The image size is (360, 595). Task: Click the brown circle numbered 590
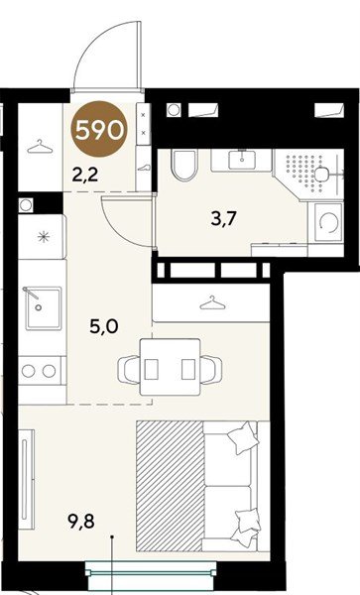pyautogui.click(x=99, y=129)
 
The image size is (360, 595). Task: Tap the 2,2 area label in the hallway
pyautogui.click(x=85, y=175)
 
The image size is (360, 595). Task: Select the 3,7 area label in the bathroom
pyautogui.click(x=224, y=219)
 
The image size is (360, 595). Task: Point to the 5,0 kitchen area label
pyautogui.click(x=104, y=326)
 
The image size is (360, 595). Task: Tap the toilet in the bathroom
pyautogui.click(x=184, y=165)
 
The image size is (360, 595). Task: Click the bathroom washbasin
pyautogui.click(x=242, y=160)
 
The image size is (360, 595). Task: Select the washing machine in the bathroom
pyautogui.click(x=328, y=221)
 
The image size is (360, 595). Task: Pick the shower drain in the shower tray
pyautogui.click(x=322, y=175)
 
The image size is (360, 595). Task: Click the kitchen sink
pyautogui.click(x=44, y=308)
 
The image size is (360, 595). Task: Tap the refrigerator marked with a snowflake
pyautogui.click(x=42, y=237)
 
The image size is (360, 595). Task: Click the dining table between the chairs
pyautogui.click(x=170, y=367)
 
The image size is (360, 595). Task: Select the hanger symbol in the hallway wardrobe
pyautogui.click(x=41, y=147)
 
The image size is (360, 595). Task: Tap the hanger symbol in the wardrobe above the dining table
pyautogui.click(x=212, y=302)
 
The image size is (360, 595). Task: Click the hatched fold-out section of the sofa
pyautogui.click(x=170, y=486)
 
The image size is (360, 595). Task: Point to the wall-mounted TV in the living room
pyautogui.click(x=27, y=479)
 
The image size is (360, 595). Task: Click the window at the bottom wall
pyautogui.click(x=151, y=574)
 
